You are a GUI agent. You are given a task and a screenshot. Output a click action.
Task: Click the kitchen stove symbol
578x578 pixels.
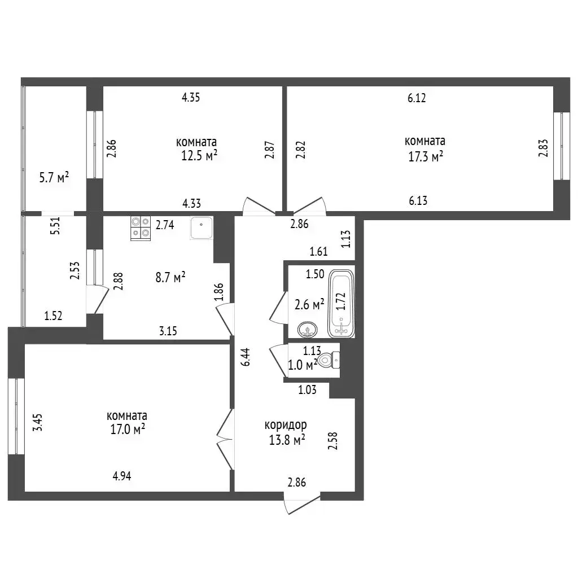coord(141,228)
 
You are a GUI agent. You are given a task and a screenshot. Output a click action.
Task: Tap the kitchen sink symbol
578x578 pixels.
coord(202,228)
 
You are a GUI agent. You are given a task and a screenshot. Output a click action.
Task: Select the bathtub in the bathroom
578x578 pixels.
coord(341,303)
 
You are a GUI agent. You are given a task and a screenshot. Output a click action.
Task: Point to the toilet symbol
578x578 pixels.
coord(329,360)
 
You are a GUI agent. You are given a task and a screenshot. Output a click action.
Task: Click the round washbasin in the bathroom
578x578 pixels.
coord(308,329)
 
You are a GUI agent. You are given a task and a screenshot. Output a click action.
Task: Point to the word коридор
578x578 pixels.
coord(286,426)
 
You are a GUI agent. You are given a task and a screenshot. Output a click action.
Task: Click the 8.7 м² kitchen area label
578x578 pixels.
coord(170,277)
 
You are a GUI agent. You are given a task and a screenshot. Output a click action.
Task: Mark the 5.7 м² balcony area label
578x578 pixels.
coord(54,178)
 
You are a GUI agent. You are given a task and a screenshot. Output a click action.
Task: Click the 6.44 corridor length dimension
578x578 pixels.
coord(246,357)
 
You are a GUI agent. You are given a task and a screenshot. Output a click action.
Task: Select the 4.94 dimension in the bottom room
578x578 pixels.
coord(122,476)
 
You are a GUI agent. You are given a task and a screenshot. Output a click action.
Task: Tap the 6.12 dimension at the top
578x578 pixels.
coord(417,98)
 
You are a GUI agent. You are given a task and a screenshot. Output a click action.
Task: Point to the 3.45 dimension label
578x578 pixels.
coord(38,422)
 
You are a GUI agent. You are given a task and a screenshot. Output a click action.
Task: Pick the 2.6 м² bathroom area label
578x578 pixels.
coord(309,305)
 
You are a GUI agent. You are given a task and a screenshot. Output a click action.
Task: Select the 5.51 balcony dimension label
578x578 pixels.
coord(55,226)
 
